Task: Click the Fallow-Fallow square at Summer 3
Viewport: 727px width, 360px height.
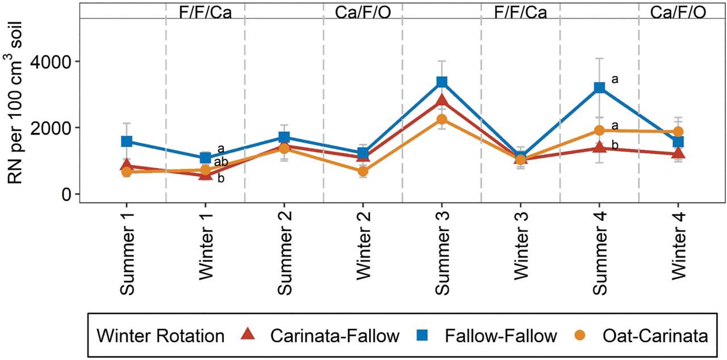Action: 442,82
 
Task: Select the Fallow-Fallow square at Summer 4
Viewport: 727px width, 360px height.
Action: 599,87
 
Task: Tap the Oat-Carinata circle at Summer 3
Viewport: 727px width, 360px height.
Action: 442,119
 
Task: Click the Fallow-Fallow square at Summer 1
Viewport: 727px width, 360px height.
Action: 127,141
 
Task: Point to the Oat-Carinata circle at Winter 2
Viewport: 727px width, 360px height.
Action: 363,171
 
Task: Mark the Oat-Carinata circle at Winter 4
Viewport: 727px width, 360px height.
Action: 678,132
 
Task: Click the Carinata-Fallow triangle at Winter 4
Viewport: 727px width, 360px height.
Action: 678,153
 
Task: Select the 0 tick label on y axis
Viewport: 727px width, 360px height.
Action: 68,194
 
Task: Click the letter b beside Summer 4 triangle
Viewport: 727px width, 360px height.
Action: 615,146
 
